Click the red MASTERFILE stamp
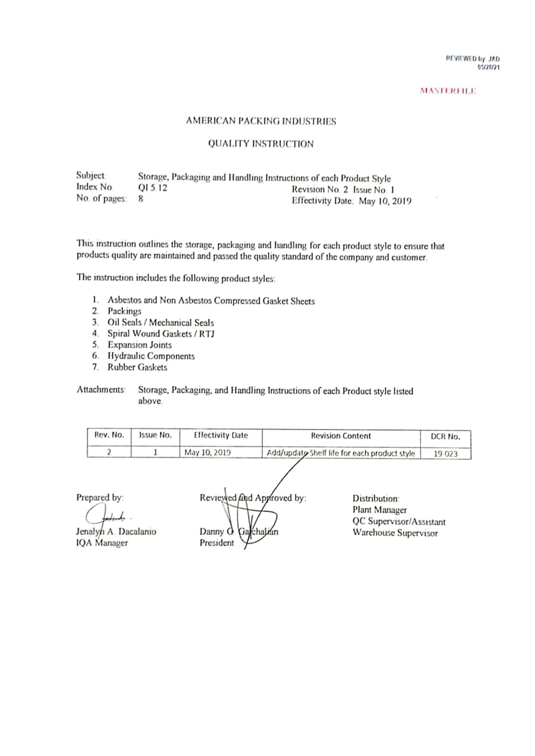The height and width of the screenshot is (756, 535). click(448, 91)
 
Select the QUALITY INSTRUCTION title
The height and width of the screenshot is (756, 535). click(261, 144)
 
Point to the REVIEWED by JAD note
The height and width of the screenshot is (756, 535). click(473, 59)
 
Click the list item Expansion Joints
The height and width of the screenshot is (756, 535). click(140, 345)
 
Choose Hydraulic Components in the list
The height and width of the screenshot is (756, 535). click(151, 356)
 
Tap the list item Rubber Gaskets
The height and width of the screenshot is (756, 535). click(137, 367)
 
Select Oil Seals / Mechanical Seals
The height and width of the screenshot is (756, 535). click(161, 323)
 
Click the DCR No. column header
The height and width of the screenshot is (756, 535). click(445, 437)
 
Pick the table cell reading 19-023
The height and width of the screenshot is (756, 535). click(445, 454)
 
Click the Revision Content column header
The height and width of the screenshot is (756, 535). click(341, 436)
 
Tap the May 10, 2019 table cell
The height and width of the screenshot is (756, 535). click(208, 453)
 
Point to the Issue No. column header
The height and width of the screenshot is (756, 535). click(156, 435)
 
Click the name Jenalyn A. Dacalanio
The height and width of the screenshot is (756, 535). click(116, 532)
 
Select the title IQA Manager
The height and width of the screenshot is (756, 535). click(102, 543)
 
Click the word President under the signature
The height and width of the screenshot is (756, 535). click(216, 543)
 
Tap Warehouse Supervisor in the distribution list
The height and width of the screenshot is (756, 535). click(395, 533)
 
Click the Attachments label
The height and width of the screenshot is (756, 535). click(101, 390)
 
